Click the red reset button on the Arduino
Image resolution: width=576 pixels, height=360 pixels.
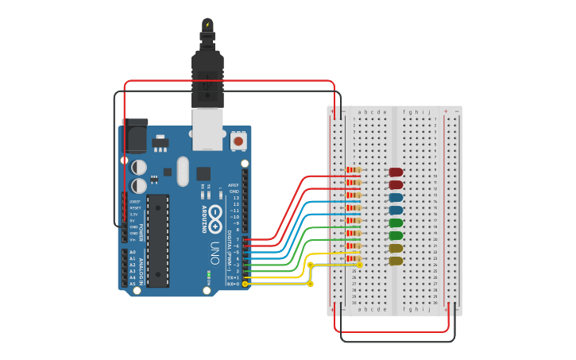click(x=238, y=141)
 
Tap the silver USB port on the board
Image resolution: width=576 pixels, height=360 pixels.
click(x=208, y=130)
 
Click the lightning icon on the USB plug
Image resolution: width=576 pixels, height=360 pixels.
click(x=208, y=25)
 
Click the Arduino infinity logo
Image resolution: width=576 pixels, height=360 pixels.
click(x=215, y=205)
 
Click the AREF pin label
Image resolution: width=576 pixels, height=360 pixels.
click(x=234, y=184)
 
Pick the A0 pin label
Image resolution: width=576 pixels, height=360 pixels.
click(x=132, y=252)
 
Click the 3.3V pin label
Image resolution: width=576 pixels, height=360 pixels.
click(x=133, y=215)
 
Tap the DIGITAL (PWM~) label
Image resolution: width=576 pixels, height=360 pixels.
click(x=229, y=246)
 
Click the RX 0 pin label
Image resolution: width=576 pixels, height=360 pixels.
click(x=234, y=284)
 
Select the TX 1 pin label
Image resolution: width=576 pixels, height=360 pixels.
click(x=234, y=277)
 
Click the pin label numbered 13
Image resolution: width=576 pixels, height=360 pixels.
click(x=235, y=198)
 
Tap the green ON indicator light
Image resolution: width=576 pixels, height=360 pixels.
click(x=207, y=276)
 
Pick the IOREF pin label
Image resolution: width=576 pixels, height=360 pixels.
click(x=133, y=202)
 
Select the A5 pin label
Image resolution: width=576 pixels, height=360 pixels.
click(x=132, y=284)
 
